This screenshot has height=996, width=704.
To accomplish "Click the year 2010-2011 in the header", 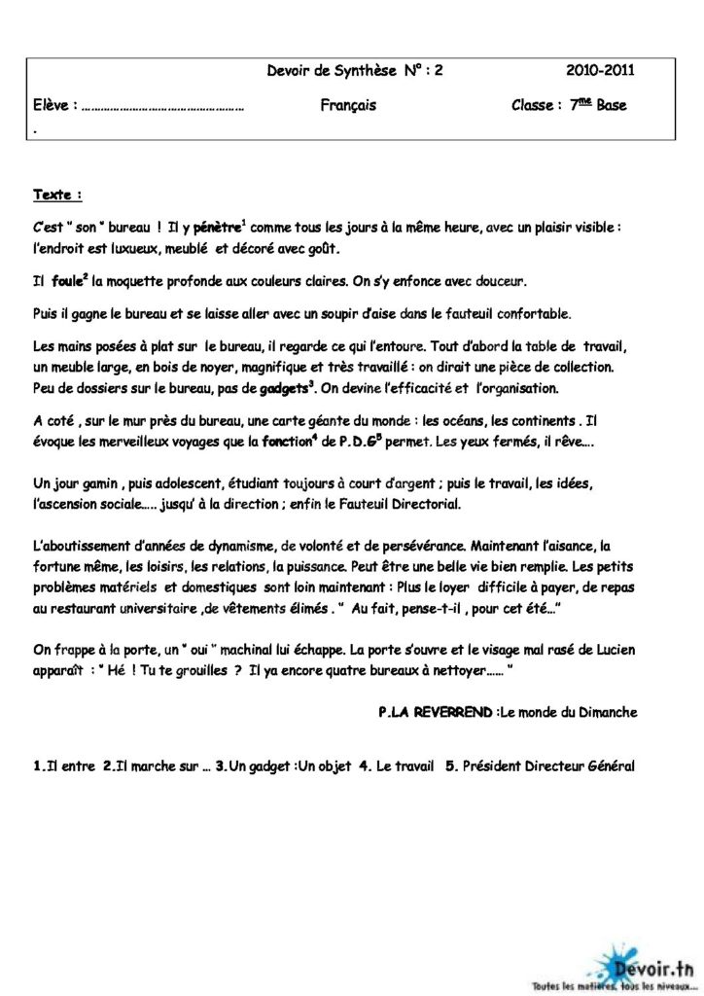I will (601, 70).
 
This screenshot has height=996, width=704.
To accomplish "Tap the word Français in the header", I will (348, 105).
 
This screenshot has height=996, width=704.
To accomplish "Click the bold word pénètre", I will (217, 228).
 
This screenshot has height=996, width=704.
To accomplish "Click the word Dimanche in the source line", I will (606, 712).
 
